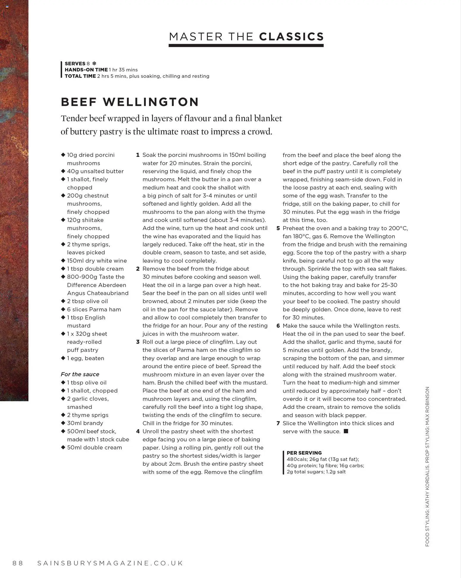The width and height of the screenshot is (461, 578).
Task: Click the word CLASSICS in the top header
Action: coord(291,37)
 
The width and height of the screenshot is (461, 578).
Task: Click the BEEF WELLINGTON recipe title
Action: coord(130,102)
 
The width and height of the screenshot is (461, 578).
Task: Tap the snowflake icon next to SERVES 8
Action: coord(94,63)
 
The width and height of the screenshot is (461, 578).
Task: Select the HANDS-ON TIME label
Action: coord(86,70)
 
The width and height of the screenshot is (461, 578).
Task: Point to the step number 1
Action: coord(138,155)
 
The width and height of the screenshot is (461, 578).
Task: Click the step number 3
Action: coord(138,342)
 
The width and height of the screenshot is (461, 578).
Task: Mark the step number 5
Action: coord(278,228)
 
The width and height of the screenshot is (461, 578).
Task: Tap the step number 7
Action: coord(278,423)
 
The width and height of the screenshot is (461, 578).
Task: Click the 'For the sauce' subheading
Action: coord(80,374)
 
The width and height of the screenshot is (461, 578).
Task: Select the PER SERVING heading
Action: coord(304,453)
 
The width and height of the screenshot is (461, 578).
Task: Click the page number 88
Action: coord(18,563)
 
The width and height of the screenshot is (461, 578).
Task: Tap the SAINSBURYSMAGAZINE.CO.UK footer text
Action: coord(110,563)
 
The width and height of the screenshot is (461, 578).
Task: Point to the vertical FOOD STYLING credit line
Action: coord(427,466)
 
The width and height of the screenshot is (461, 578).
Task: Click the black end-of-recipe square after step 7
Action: coord(346,431)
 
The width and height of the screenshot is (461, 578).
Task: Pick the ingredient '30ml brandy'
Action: coord(85,423)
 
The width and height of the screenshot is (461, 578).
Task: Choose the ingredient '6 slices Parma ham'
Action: coord(94,309)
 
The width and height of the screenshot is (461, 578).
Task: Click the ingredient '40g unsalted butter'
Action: coord(95,171)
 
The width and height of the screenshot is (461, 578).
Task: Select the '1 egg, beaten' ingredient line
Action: coord(86,358)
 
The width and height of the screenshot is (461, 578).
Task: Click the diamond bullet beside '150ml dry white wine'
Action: coord(63,261)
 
